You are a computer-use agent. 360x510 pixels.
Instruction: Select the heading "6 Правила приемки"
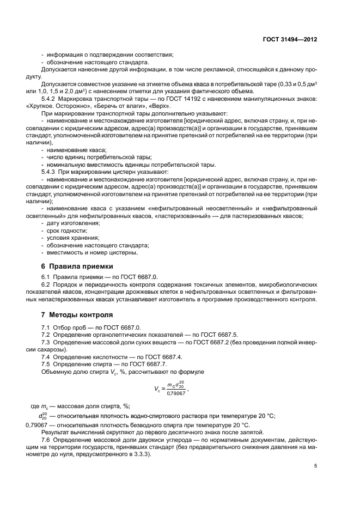click(x=77, y=266)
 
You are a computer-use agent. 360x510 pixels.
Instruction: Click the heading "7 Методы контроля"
click(x=77, y=315)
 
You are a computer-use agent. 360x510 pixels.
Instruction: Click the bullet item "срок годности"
click(x=64, y=230)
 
